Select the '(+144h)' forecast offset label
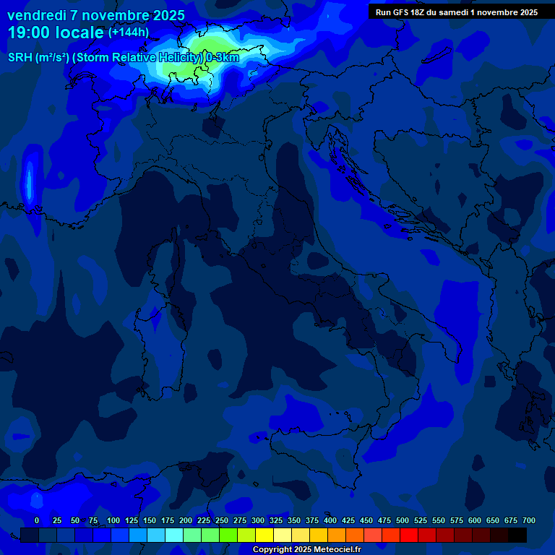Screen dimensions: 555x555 point(129,32)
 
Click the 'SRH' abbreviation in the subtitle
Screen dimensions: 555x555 point(20,57)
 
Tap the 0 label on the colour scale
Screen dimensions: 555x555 point(37,520)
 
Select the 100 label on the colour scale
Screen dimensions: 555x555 point(113,520)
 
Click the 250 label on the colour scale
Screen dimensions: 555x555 point(222,520)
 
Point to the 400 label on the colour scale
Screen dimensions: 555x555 point(330,520)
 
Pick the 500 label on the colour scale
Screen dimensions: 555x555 point(403,520)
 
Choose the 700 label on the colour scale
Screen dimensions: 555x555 point(529,520)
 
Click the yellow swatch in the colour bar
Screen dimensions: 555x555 point(264,535)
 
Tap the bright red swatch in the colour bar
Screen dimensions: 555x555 point(409,535)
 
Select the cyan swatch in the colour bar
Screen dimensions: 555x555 point(174,535)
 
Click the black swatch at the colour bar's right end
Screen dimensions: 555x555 point(517,535)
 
